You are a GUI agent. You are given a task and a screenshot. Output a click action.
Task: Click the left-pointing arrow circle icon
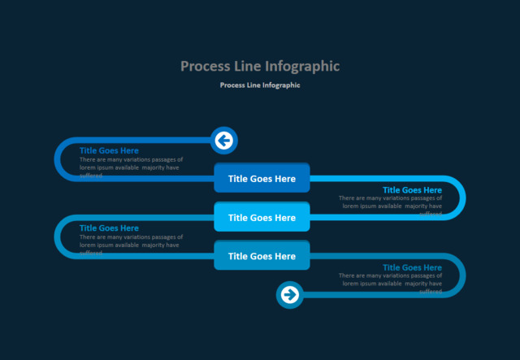(223, 141)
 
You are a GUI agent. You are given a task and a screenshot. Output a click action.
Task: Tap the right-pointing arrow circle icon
(289, 294)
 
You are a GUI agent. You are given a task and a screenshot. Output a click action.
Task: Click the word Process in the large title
(206, 66)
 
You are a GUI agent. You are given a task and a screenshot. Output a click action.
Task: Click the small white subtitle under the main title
(260, 85)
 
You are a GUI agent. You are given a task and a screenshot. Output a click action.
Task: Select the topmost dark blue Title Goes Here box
(262, 178)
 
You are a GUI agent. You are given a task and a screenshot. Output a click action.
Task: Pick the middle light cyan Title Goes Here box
(262, 217)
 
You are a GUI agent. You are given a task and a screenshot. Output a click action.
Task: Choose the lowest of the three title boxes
(262, 256)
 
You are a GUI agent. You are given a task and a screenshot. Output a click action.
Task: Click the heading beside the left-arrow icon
(109, 150)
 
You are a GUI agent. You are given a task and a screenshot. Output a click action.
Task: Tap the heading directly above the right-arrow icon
(412, 267)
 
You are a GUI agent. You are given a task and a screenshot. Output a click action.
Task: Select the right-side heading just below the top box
(412, 190)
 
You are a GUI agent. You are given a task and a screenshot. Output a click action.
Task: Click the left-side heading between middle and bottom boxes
(109, 228)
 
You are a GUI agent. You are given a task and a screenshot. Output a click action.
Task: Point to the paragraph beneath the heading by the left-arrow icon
(131, 164)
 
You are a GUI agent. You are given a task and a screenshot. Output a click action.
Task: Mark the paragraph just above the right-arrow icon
(390, 280)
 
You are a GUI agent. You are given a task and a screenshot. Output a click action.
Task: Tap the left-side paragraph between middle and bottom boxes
(131, 241)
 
